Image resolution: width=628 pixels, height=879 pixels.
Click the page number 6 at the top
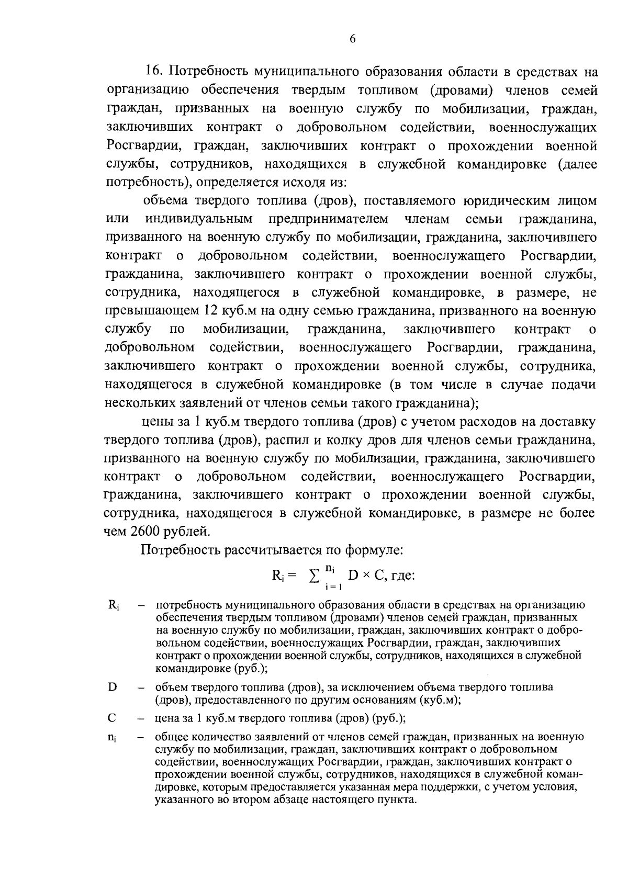(x=352, y=39)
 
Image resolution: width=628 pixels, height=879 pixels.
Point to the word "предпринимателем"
(x=329, y=219)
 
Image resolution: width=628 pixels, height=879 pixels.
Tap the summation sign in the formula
(x=313, y=577)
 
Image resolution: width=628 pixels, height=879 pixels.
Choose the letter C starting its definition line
(x=111, y=718)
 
